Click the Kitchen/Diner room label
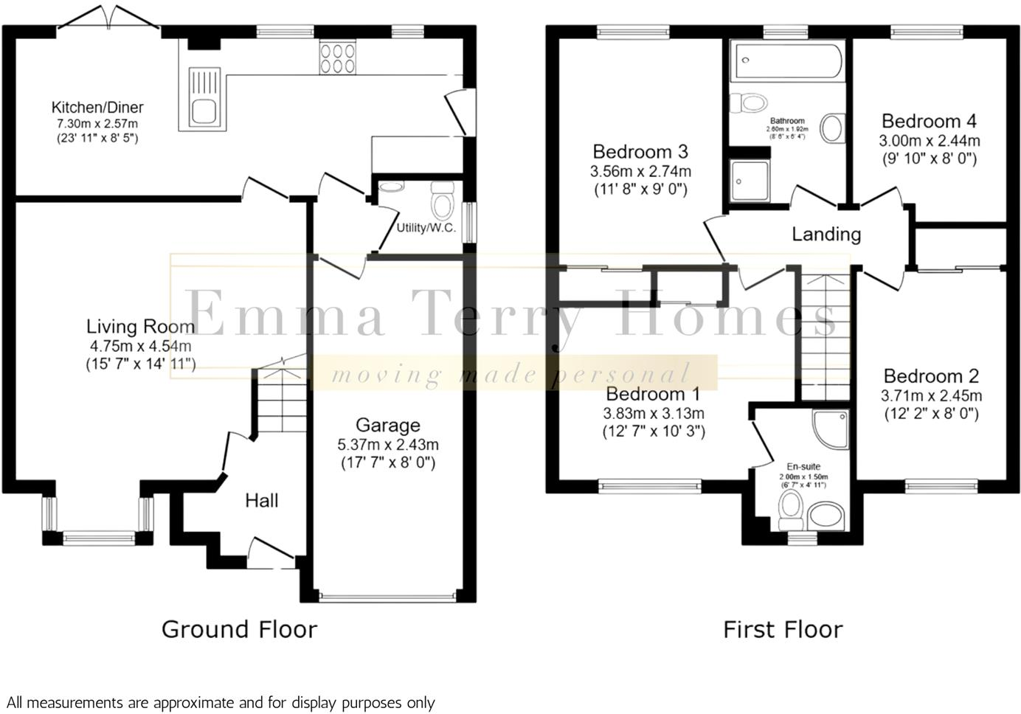(97, 108)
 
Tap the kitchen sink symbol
(203, 96)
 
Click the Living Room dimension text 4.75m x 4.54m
(139, 345)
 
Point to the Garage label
(387, 425)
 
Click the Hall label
(261, 501)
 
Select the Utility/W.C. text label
(426, 228)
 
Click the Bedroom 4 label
(929, 121)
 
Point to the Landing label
(826, 235)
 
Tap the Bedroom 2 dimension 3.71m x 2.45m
(931, 396)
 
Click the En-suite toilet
(791, 508)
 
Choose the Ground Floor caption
(239, 629)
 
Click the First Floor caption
(782, 629)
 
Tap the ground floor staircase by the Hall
(281, 402)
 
